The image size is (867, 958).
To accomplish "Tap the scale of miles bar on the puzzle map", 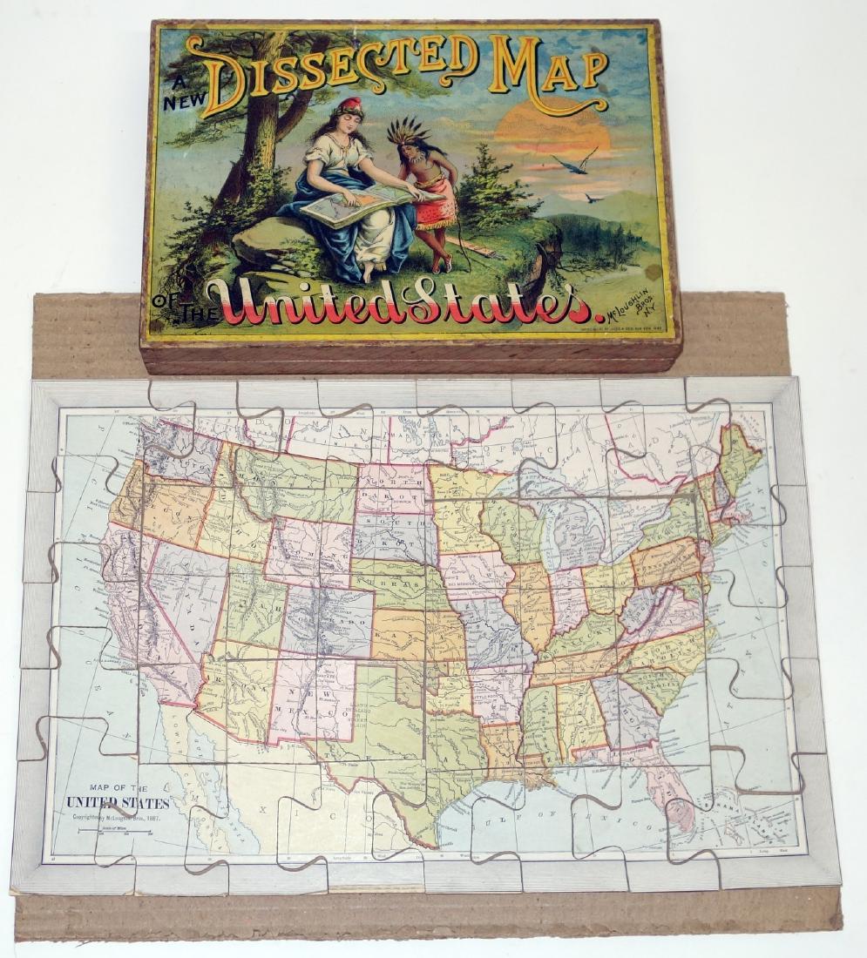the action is pyautogui.click(x=113, y=831).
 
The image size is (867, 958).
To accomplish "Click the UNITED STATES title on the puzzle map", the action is pyautogui.click(x=118, y=801).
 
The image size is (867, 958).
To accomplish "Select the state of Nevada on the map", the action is pyautogui.click(x=174, y=601).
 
